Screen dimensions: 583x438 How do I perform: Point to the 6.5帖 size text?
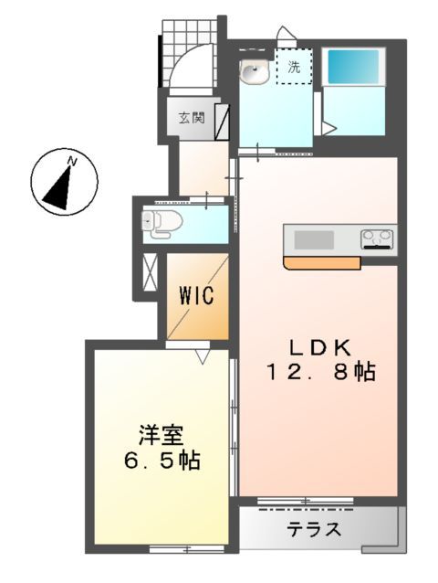point(162,459)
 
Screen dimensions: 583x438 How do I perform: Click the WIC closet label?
point(196,296)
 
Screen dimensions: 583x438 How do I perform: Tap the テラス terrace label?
point(315,529)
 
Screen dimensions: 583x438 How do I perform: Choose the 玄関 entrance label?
point(191,117)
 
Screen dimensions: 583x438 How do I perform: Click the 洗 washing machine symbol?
point(294,67)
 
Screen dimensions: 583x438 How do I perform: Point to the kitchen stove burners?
point(377,239)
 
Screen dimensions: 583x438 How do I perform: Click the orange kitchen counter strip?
point(322,263)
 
